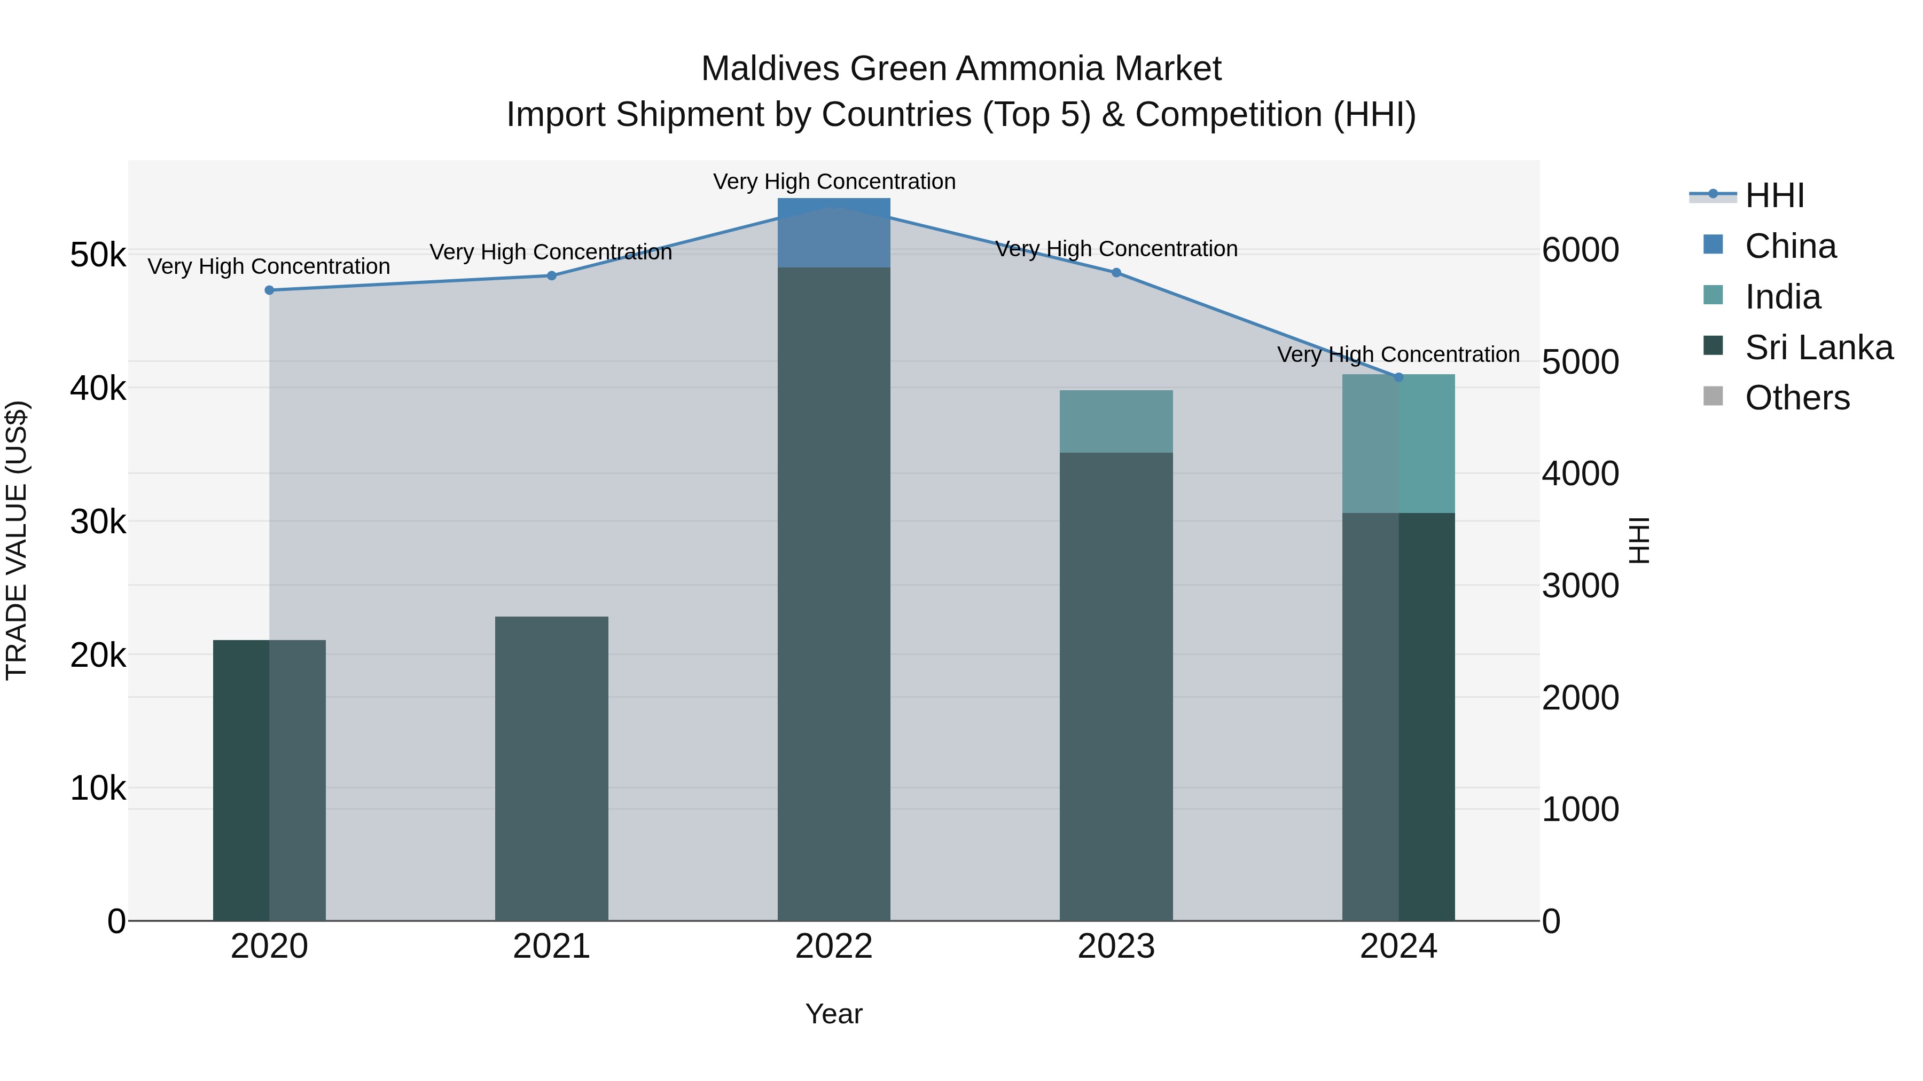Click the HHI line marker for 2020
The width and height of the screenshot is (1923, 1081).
tap(270, 290)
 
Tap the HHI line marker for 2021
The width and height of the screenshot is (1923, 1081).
tap(552, 276)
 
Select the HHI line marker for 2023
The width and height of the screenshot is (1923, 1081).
tap(1116, 273)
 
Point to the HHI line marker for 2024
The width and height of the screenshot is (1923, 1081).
tap(1398, 377)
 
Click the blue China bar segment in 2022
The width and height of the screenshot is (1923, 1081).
tap(834, 233)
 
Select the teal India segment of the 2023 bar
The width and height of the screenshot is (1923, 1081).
tap(1116, 422)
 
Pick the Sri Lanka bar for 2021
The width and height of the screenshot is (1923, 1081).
tap(552, 768)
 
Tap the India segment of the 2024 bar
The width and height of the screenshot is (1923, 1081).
tap(1398, 444)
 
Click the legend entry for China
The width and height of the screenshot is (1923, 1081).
tap(1789, 246)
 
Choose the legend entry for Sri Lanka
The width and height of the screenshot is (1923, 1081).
tap(1818, 348)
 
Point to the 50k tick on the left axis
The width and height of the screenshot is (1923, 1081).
tap(98, 255)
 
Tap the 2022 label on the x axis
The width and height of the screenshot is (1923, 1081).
tap(834, 946)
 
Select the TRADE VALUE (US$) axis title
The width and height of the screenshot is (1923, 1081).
tap(17, 540)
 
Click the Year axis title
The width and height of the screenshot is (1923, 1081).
tap(834, 1014)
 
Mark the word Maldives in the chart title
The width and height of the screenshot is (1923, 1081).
tap(770, 69)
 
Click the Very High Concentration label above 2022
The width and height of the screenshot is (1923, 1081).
tap(834, 182)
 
